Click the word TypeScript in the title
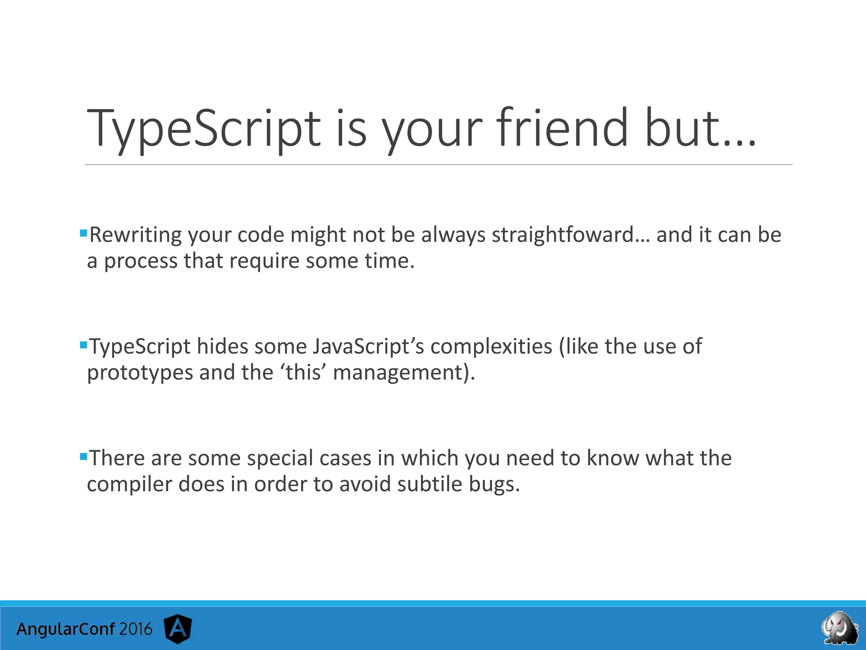(x=203, y=129)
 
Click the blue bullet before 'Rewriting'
(x=83, y=233)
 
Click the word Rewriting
(x=135, y=235)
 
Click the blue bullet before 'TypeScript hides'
(x=83, y=344)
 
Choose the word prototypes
(x=140, y=373)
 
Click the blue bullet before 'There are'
(x=83, y=456)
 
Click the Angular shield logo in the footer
(x=178, y=628)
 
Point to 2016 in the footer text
(x=135, y=629)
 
